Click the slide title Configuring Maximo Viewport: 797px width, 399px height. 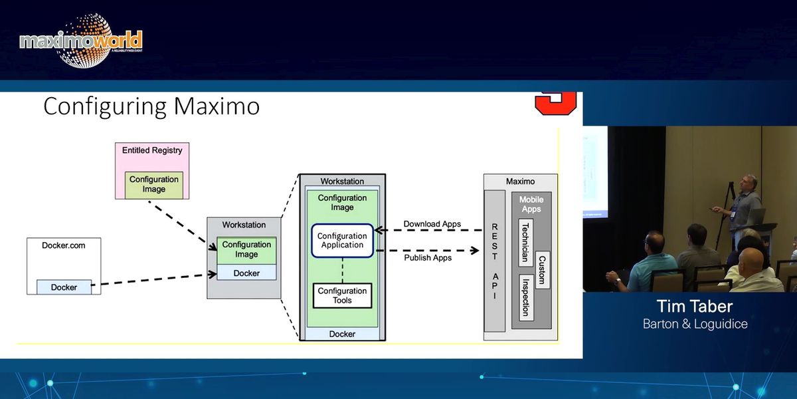[151, 106]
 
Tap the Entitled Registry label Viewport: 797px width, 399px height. [152, 150]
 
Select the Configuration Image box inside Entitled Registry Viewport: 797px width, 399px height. [154, 184]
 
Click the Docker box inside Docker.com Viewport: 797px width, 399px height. [64, 287]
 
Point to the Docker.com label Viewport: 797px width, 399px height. [64, 245]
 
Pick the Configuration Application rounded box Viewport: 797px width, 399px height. [342, 240]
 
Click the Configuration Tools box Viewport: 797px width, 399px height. [342, 295]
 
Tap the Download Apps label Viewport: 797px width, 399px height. [432, 224]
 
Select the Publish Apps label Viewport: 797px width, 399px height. [428, 257]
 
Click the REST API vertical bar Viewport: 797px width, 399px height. [494, 261]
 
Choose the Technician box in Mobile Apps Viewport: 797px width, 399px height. [525, 243]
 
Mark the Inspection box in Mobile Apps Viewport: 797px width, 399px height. [525, 297]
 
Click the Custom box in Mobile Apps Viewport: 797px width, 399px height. [542, 269]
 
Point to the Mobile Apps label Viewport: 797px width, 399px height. [531, 204]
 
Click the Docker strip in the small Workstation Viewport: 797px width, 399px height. [246, 273]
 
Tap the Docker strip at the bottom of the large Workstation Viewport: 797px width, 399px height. [342, 334]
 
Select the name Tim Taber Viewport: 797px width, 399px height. [695, 307]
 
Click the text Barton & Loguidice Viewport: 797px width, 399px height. [695, 324]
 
